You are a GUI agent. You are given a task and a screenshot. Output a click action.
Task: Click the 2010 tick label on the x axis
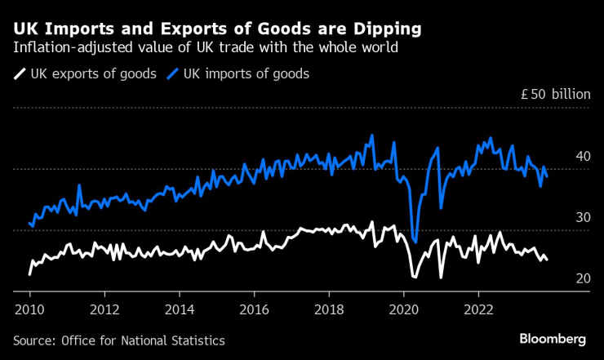29,309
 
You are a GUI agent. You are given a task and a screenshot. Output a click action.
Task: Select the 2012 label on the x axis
104,309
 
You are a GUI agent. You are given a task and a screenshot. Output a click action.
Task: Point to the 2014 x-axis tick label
179,309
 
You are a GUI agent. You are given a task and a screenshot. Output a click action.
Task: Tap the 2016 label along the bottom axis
254,309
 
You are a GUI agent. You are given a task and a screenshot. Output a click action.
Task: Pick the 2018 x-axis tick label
328,309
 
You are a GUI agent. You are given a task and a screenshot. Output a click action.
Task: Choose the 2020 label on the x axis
403,309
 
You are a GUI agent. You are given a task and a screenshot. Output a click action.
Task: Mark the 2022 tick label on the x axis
477,309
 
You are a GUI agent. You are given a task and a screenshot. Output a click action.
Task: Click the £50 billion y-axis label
555,94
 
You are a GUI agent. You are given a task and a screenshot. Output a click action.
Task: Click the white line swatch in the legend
20,74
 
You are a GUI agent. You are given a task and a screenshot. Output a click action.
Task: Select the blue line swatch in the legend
173,74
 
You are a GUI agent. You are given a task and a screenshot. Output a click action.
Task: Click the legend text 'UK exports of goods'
93,74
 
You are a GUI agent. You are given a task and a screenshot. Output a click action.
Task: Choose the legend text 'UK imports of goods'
246,74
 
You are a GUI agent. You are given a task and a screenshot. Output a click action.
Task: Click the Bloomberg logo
553,339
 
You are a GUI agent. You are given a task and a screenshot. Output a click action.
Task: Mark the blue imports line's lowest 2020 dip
415,242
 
